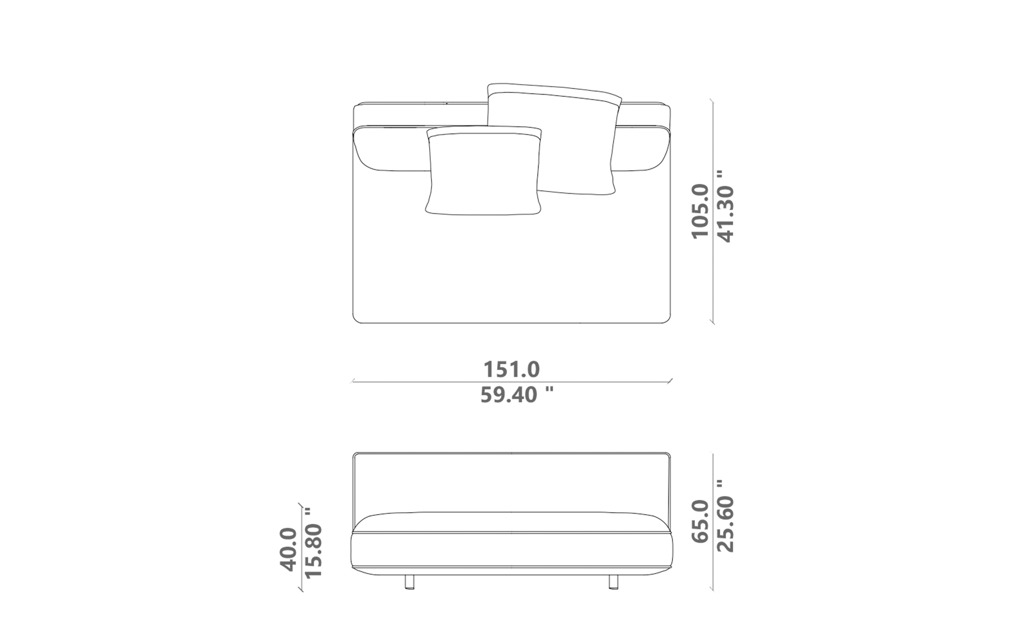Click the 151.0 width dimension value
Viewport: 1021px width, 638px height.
(511, 369)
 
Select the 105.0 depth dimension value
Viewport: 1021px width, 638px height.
(700, 211)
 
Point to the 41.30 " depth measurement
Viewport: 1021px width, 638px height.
(725, 207)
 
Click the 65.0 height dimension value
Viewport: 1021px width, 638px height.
(700, 521)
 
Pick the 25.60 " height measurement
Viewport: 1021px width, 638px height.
(725, 516)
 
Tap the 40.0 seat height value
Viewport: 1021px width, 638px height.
(288, 549)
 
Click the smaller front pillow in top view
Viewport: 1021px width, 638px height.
(484, 171)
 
